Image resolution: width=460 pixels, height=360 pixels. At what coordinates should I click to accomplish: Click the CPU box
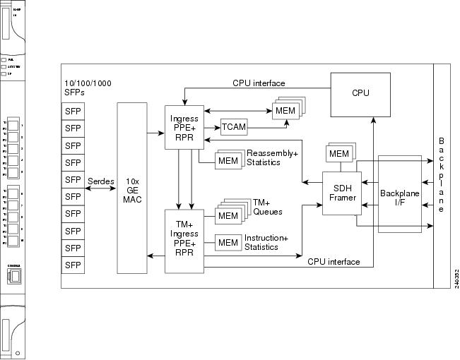click(x=360, y=92)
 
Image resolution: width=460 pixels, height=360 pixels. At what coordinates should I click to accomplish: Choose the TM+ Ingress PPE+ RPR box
click(x=184, y=240)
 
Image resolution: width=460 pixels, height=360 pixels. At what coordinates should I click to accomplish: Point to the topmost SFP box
click(x=73, y=111)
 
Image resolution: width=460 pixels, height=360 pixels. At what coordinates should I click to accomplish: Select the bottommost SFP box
click(x=73, y=265)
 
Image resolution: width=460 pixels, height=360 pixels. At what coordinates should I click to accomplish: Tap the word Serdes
click(x=100, y=181)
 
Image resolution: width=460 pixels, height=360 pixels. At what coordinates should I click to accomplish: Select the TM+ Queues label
click(x=268, y=207)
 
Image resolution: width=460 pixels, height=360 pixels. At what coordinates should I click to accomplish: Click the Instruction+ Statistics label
click(x=266, y=242)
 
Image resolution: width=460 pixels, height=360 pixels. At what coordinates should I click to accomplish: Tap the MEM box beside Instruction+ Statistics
click(x=228, y=243)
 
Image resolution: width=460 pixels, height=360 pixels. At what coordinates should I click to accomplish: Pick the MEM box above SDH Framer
click(x=338, y=153)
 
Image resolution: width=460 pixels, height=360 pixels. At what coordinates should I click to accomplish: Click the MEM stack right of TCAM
click(x=285, y=112)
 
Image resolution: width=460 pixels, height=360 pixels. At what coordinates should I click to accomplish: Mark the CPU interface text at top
click(x=259, y=83)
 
